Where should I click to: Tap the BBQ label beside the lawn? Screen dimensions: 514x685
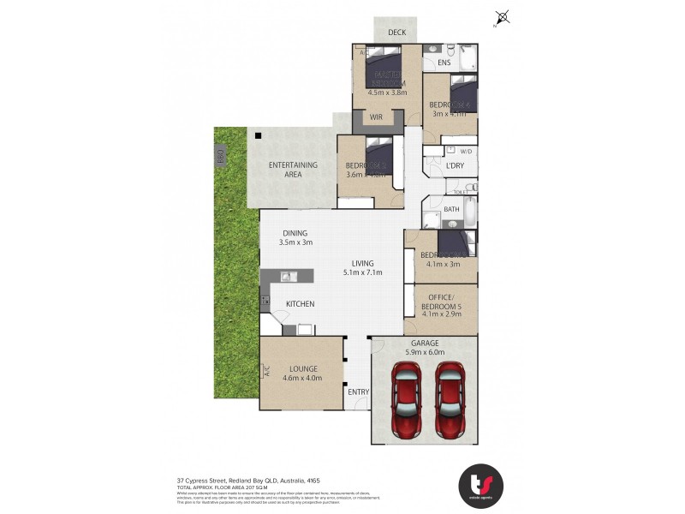point(220,157)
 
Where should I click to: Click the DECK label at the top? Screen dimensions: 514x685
point(396,33)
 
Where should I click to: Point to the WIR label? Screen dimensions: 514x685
point(375,117)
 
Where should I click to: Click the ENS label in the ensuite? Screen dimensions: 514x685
point(444,63)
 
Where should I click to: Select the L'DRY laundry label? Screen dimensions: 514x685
point(454,165)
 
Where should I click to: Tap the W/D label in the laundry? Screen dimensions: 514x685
point(465,152)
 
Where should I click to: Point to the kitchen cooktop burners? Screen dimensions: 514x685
point(265,301)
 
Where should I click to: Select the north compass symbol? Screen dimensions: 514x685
point(503,17)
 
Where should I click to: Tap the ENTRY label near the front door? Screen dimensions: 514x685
point(358,391)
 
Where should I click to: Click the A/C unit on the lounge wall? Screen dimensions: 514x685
point(266,372)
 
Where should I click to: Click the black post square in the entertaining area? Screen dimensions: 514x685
point(256,134)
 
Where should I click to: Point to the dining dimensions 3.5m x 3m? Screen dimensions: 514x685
point(295,242)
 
